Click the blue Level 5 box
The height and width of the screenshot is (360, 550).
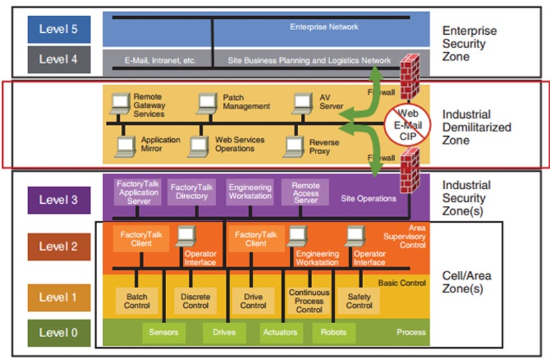58,29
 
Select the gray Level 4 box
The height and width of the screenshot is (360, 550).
58,59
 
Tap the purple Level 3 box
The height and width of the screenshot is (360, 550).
58,200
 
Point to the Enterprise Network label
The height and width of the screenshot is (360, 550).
324,27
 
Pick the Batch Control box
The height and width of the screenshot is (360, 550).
137,301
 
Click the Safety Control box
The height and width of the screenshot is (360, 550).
359,301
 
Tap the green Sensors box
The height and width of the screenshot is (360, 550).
163,332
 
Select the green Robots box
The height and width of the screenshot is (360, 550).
333,332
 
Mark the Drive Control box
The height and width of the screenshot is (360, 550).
253,301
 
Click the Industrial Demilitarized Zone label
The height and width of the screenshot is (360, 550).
476,127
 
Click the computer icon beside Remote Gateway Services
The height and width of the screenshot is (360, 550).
120,103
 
